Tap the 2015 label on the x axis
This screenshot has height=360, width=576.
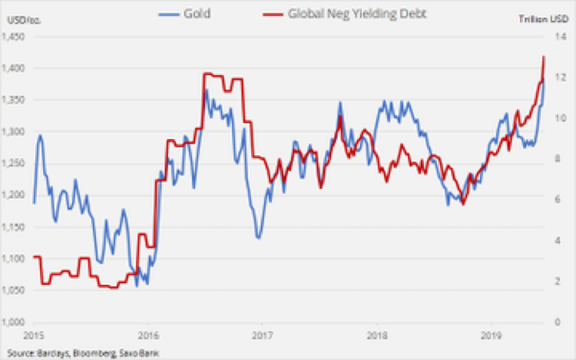[33, 335]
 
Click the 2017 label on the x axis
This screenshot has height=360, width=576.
[262, 335]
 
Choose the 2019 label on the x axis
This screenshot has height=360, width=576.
[490, 335]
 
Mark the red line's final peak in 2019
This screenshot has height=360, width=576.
[544, 57]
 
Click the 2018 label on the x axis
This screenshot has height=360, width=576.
[376, 335]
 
